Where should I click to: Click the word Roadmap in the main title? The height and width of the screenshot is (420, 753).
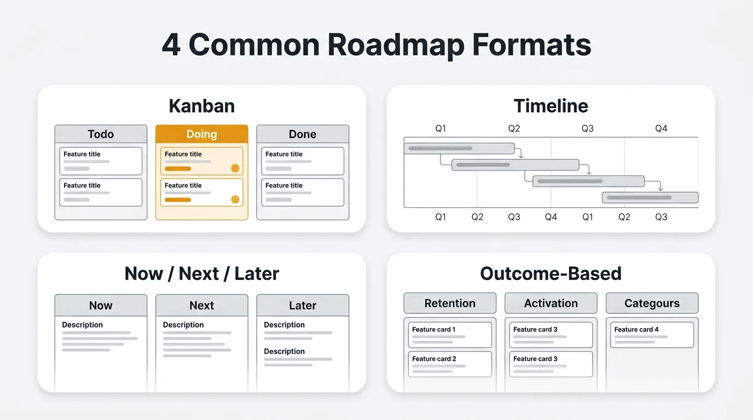396,45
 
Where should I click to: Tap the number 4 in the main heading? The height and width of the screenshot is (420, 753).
171,45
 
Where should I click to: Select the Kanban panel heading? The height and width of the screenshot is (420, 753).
202,106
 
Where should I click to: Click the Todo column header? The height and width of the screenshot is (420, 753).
101,134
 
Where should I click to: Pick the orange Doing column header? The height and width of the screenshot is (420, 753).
202,134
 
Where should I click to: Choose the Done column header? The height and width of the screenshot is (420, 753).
303,134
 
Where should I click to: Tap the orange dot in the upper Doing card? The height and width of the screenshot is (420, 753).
235,168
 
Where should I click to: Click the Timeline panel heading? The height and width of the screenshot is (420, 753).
551,106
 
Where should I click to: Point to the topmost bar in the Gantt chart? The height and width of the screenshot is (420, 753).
459,149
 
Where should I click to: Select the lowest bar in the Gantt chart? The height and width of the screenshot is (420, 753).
650,197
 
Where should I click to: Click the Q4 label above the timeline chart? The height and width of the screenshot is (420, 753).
661,129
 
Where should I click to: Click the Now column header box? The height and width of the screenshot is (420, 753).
101,305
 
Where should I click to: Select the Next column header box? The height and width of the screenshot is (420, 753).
202,305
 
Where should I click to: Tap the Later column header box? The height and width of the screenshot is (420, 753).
303,305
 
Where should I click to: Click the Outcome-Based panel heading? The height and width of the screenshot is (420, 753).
551,273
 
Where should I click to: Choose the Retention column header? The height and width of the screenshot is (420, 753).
450,303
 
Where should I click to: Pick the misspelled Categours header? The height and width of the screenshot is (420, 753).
652,303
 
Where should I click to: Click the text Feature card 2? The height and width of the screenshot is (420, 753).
434,359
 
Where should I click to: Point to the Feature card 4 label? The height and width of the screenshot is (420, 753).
636,329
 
